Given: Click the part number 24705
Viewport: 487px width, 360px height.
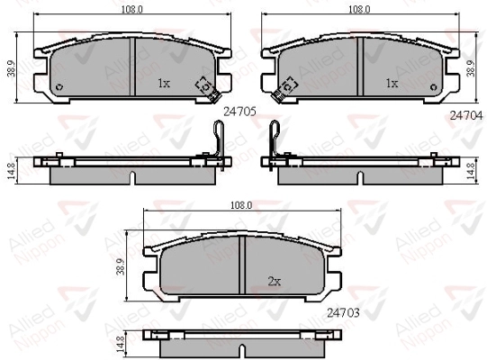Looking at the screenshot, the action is tap(239, 111).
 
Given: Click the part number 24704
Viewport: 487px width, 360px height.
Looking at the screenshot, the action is tap(466, 115).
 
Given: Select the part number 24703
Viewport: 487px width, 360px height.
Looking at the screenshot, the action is tap(343, 312).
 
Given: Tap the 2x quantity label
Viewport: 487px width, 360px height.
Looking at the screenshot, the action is tap(275, 282).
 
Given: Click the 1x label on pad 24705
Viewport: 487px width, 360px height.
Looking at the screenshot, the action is tap(164, 83).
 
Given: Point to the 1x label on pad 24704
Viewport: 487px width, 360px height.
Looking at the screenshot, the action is tap(392, 83).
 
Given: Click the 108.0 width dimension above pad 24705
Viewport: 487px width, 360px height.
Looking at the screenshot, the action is tap(131, 9).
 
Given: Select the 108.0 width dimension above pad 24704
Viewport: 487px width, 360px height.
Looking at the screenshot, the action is tap(360, 9).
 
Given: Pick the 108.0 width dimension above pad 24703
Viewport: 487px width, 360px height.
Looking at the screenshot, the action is tap(241, 205).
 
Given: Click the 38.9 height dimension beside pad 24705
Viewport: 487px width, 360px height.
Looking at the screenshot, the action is tap(12, 68).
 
